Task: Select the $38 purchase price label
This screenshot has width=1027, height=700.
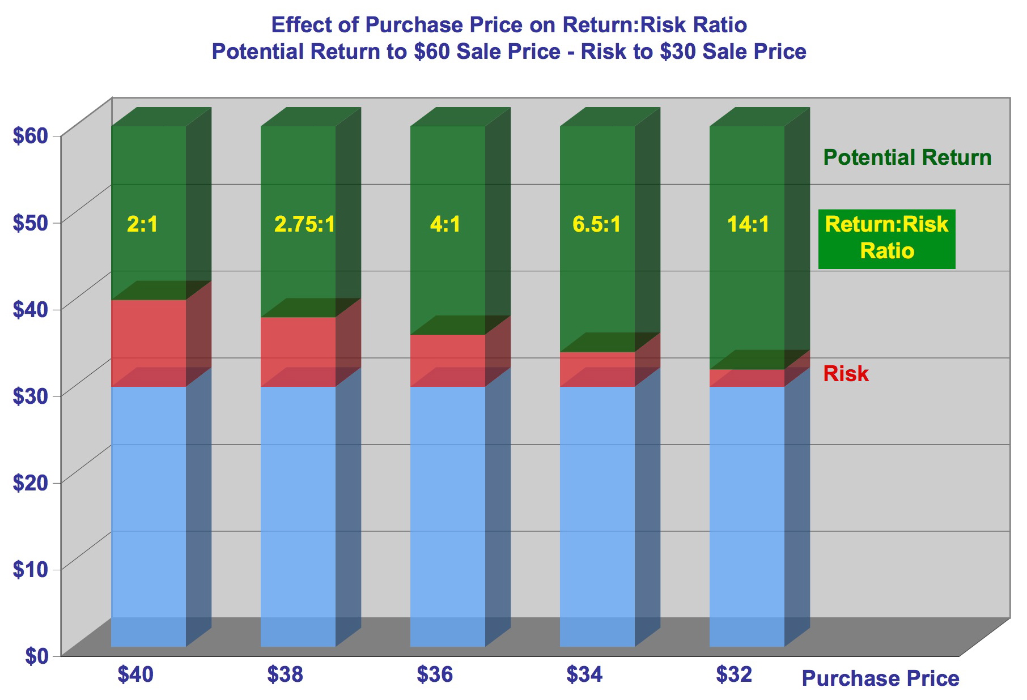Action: [x=285, y=675]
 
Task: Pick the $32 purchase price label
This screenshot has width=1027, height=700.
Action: [x=734, y=675]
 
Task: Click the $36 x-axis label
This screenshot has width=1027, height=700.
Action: [x=435, y=675]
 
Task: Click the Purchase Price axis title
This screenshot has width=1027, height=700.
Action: [x=880, y=678]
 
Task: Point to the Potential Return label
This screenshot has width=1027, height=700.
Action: [x=907, y=158]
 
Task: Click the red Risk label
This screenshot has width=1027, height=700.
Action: [x=846, y=374]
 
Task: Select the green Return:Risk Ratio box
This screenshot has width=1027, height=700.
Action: [x=886, y=238]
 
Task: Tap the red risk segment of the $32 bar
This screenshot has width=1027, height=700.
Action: [x=747, y=378]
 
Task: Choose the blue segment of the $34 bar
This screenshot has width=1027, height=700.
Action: [x=597, y=510]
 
